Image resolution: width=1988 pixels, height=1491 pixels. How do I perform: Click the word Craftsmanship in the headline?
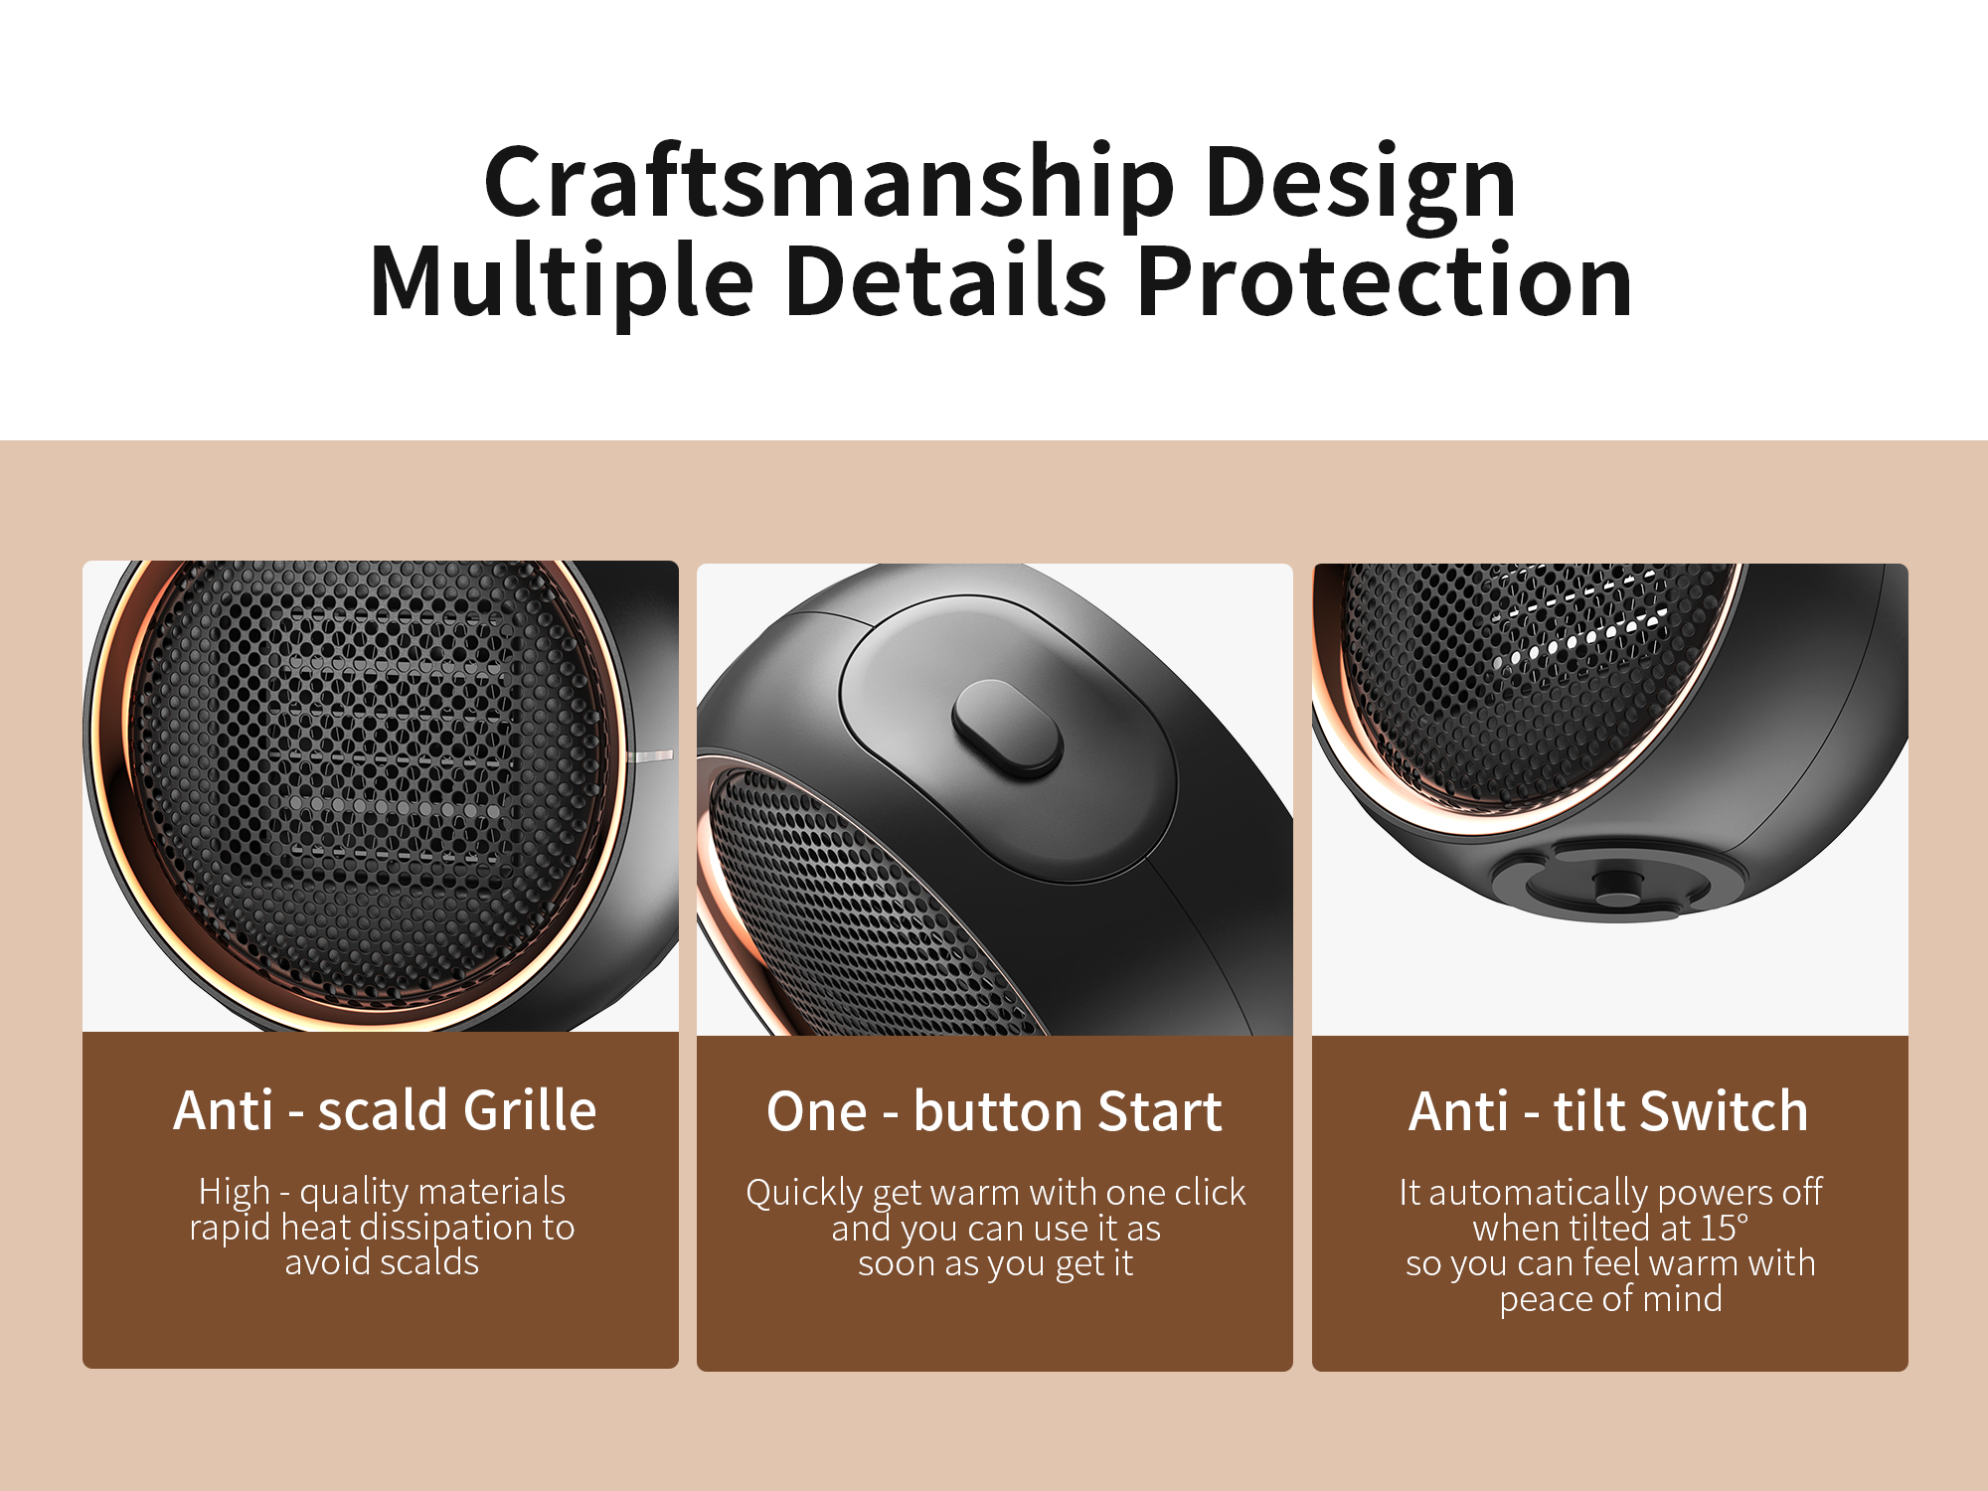point(830,183)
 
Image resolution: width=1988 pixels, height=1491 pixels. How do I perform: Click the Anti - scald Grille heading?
point(385,1110)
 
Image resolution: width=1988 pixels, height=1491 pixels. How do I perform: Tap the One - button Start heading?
point(994,1111)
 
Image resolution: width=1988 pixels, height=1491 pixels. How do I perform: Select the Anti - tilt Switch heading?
point(1608,1111)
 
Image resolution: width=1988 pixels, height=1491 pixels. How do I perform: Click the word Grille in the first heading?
point(530,1110)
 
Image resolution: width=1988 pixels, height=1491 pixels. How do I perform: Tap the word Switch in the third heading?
point(1725,1111)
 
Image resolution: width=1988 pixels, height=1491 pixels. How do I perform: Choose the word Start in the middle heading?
point(1160,1111)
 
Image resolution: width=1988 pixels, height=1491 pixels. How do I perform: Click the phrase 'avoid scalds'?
point(382,1261)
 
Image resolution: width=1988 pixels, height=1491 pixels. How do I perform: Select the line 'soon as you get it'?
point(995,1264)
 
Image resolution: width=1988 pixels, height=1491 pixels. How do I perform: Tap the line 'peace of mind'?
point(1610,1299)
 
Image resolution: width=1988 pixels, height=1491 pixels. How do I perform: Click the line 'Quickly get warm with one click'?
point(995,1193)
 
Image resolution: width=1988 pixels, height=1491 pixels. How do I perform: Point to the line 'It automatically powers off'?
point(1610,1193)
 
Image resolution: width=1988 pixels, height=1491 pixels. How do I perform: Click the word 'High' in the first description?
point(235,1191)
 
